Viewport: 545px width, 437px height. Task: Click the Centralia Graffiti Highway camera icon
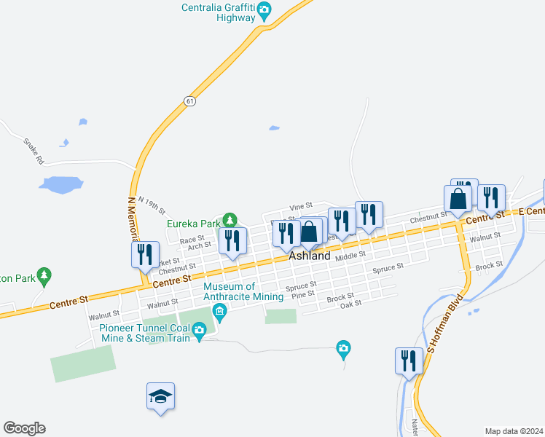coord(264,10)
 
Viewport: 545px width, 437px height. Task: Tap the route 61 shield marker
coord(189,101)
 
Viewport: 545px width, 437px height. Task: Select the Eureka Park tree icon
coord(230,219)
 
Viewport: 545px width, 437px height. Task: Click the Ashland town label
coord(310,256)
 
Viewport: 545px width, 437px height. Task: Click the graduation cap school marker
coord(160,396)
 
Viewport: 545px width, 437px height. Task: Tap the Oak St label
coord(351,304)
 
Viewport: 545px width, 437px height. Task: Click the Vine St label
coord(300,206)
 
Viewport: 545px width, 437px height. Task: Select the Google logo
coord(24,428)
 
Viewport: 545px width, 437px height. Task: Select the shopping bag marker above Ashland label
coord(310,233)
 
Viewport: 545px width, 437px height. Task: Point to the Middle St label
coord(350,256)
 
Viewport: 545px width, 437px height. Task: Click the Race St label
coord(192,240)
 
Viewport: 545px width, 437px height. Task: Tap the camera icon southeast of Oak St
coord(343,349)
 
